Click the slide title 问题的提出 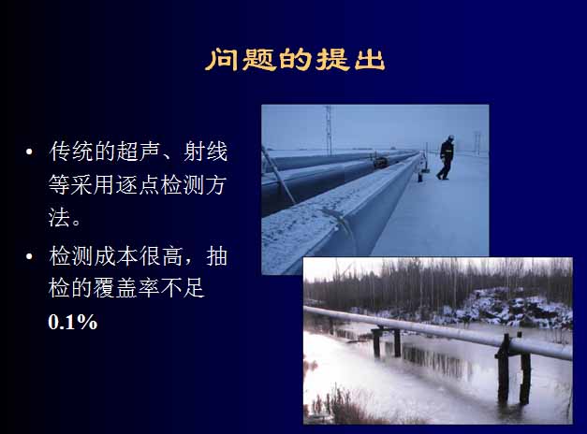tap(295, 60)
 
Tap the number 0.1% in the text tap(73, 322)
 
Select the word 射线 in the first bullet tap(205, 152)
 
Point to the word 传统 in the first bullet tap(71, 152)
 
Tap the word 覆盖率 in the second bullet tap(126, 288)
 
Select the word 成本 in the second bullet tap(116, 256)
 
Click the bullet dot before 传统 tap(29, 152)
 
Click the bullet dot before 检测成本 tap(29, 256)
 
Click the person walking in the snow tap(446, 157)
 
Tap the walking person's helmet tap(450, 137)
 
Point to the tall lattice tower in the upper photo tap(329, 129)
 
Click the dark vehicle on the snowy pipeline tap(379, 162)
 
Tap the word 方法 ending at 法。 tap(214, 184)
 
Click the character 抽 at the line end tap(217, 256)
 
